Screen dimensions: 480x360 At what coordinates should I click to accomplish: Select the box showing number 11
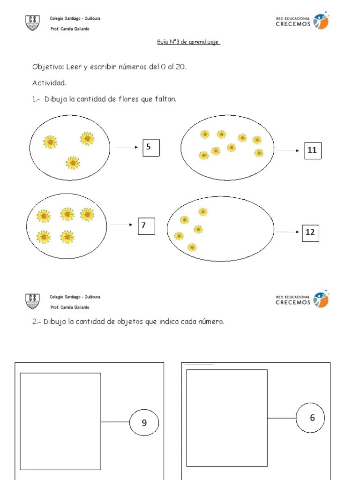click(313, 150)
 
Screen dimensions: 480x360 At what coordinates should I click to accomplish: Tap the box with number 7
click(145, 226)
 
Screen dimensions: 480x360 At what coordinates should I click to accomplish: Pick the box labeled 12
click(310, 232)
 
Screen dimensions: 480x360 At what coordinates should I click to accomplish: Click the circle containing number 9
click(144, 423)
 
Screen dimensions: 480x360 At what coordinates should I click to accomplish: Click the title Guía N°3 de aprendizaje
click(188, 42)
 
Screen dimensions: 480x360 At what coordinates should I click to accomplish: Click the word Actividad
click(49, 83)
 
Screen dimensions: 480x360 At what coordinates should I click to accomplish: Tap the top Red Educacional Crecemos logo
click(302, 22)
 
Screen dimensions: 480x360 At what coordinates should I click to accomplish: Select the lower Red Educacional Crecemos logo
click(302, 300)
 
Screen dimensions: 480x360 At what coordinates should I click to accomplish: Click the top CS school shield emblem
click(32, 22)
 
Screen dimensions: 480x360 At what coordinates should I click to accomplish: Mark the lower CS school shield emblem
click(32, 301)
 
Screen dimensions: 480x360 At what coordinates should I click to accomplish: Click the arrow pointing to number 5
click(127, 147)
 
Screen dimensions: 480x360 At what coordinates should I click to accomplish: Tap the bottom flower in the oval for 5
click(73, 163)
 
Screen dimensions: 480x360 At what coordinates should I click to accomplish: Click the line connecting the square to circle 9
click(115, 422)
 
